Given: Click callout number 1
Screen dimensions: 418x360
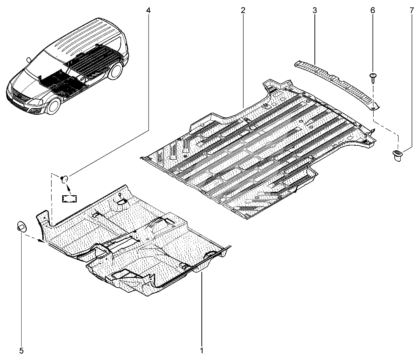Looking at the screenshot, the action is (201, 350).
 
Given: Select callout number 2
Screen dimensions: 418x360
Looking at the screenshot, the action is (243, 11).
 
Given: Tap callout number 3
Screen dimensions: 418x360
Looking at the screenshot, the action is (315, 11).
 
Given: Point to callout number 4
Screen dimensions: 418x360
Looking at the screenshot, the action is (148, 11).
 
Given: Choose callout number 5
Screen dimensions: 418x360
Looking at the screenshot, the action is (21, 350).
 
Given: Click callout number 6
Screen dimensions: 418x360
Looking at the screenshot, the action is (373, 11).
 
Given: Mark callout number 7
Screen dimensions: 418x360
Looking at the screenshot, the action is (412, 11).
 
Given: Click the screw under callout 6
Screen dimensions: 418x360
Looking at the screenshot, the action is (373, 78).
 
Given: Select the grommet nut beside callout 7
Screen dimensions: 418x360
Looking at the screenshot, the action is (397, 155).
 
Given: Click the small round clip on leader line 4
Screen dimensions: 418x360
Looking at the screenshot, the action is (64, 179).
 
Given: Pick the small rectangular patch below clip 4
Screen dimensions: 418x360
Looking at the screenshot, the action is (69, 198).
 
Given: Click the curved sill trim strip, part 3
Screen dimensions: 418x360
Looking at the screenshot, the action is (337, 83).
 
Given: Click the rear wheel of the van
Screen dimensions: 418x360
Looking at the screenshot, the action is (117, 71).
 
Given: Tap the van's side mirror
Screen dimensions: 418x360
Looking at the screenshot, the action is (28, 60).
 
